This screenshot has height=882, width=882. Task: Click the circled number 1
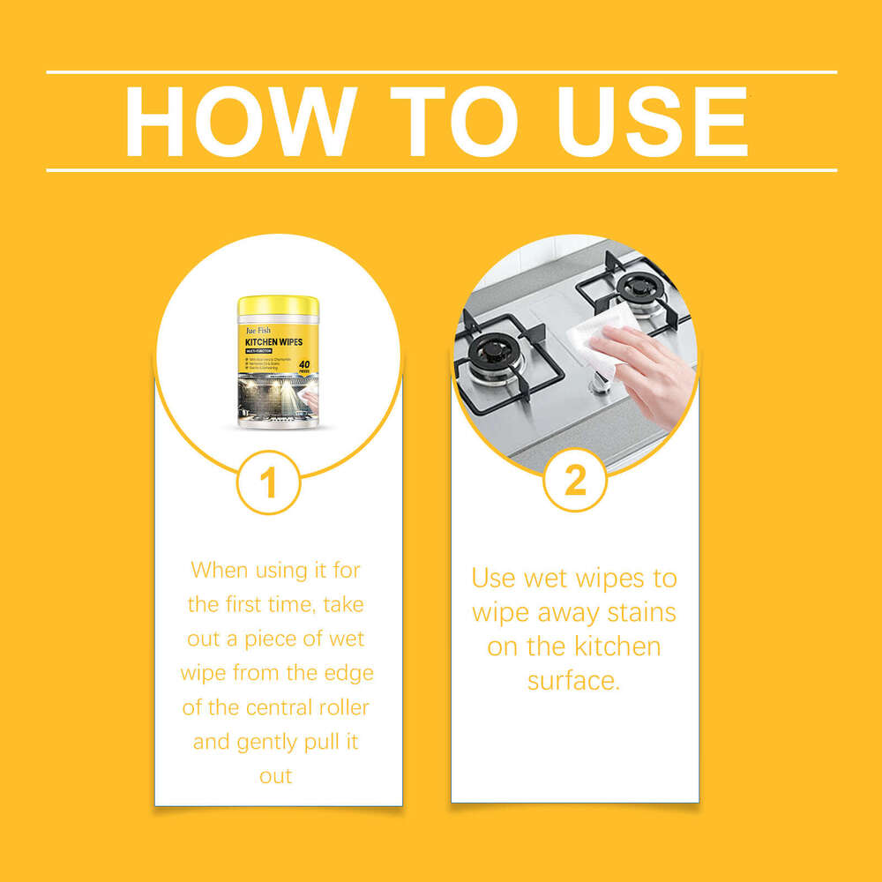click(269, 482)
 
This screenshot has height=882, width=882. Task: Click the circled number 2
click(574, 482)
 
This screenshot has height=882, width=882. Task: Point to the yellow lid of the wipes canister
click(278, 308)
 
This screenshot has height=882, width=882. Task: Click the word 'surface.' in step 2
click(574, 680)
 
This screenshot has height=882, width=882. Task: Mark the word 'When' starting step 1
click(220, 570)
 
